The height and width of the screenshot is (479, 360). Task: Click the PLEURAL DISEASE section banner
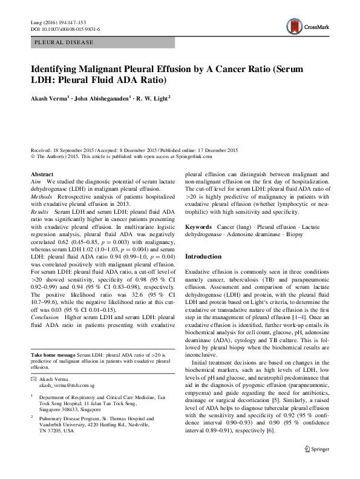click(x=64, y=42)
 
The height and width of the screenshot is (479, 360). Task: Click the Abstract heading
click(x=42, y=174)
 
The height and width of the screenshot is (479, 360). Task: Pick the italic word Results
click(x=40, y=214)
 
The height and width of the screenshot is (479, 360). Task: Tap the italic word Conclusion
click(x=45, y=317)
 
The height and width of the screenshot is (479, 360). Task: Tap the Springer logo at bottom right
click(x=317, y=466)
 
